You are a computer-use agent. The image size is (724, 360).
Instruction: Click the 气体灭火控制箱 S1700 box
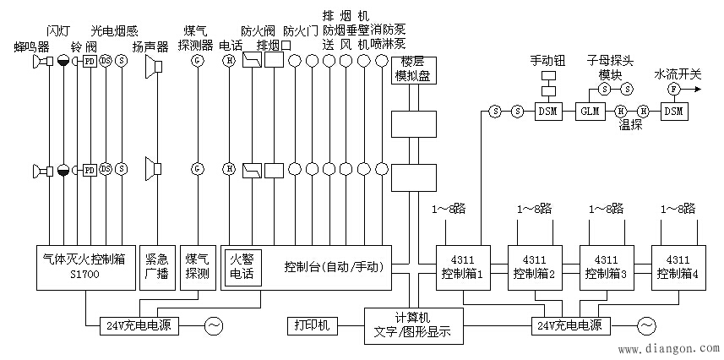[x=84, y=267]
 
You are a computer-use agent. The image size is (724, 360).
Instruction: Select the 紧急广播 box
[x=156, y=267]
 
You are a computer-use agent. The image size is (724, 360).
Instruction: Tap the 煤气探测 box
[x=199, y=267]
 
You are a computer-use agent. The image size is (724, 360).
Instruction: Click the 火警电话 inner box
[x=248, y=267]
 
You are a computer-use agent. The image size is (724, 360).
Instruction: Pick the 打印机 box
[x=313, y=325]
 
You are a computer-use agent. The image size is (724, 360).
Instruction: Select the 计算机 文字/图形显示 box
[x=411, y=325]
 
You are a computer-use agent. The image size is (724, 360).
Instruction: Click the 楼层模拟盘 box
[x=412, y=69]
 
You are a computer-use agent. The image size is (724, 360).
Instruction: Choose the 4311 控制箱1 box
[x=463, y=267]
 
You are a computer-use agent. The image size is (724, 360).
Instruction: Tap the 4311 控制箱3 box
[x=607, y=267]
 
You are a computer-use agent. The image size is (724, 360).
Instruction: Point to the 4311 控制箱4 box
[x=678, y=267]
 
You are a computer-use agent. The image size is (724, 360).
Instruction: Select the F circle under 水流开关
[x=673, y=88]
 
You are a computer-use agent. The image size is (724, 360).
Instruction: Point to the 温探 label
[x=630, y=124]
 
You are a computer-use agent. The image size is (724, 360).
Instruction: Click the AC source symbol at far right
[x=647, y=325]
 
